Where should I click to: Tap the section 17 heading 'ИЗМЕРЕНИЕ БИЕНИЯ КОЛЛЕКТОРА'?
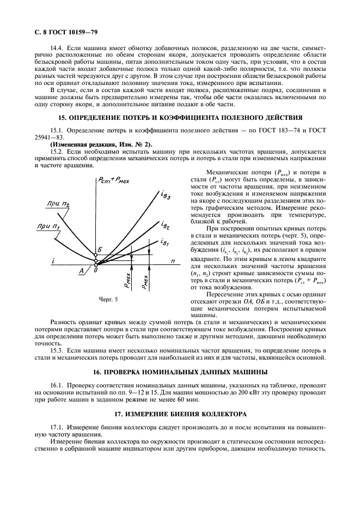(180, 414)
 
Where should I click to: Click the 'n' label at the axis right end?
(173, 262)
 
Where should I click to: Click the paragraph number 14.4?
(57, 50)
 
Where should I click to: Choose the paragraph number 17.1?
(57, 427)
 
